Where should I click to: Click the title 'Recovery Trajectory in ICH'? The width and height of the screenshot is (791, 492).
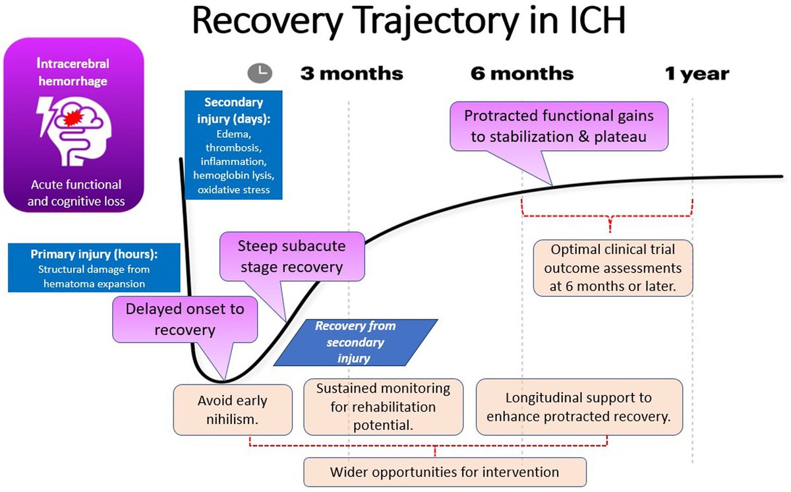pyautogui.click(x=409, y=22)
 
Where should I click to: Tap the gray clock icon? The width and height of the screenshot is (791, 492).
pyautogui.click(x=259, y=73)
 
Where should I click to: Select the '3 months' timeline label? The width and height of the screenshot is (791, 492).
pyautogui.click(x=351, y=73)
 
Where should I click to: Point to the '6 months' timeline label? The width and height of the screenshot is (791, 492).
pyautogui.click(x=522, y=73)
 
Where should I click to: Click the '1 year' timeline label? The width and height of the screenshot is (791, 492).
pyautogui.click(x=697, y=74)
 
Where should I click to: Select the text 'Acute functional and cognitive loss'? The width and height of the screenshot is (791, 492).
pyautogui.click(x=74, y=193)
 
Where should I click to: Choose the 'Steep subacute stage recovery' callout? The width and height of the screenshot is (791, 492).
pyautogui.click(x=291, y=257)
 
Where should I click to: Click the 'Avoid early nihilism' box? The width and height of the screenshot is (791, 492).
pyautogui.click(x=233, y=410)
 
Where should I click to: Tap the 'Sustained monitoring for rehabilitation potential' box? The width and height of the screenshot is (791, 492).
pyautogui.click(x=383, y=407)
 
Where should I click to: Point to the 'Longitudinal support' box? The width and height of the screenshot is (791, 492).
pyautogui.click(x=578, y=407)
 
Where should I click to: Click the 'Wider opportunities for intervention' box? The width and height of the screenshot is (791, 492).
pyautogui.click(x=444, y=472)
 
